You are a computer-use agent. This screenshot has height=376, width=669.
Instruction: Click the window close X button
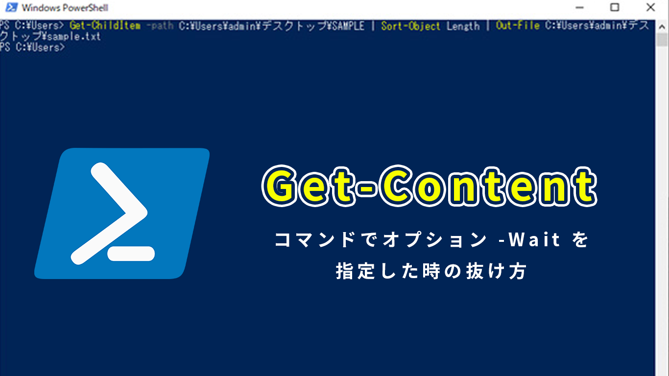click(x=650, y=7)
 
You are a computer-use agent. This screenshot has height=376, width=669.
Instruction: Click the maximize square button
click(x=615, y=7)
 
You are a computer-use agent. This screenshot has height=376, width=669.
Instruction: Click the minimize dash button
click(x=579, y=7)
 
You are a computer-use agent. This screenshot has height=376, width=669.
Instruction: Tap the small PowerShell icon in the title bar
click(x=11, y=7)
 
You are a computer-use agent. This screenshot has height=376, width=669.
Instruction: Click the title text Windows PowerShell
click(x=65, y=8)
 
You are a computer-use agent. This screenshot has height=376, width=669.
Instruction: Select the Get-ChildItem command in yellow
click(x=105, y=25)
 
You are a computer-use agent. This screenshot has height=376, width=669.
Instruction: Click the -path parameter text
click(x=160, y=25)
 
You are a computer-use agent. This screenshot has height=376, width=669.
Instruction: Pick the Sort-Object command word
click(x=411, y=26)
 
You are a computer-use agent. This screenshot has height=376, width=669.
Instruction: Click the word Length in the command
click(x=463, y=26)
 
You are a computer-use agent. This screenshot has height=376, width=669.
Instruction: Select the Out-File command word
click(x=518, y=25)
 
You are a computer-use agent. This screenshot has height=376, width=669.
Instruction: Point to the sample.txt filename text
click(x=74, y=37)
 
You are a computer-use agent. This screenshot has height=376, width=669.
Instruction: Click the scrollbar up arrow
click(x=662, y=27)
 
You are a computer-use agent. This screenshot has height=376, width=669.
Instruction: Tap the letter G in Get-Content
click(x=281, y=186)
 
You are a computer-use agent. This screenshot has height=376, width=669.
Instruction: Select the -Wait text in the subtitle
click(x=529, y=239)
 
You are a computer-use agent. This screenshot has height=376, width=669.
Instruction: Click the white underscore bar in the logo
click(x=131, y=254)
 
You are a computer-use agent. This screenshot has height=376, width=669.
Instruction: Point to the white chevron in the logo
click(x=109, y=213)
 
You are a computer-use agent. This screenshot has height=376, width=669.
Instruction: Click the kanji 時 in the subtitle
click(x=431, y=271)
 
